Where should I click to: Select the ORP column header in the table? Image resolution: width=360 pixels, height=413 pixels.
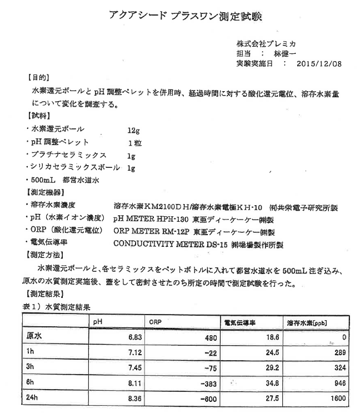coord(154,322)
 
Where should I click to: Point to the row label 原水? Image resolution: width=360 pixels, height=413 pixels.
coord(34,337)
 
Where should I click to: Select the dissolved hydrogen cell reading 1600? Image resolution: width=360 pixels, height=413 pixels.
coord(337,399)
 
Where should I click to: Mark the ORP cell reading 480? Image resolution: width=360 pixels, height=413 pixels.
coord(207,337)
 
